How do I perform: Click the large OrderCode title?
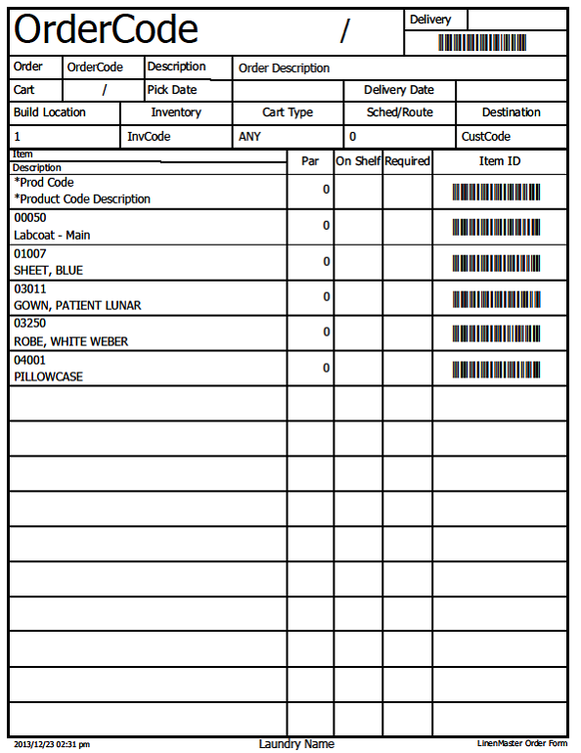(x=106, y=31)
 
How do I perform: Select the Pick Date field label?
(x=172, y=90)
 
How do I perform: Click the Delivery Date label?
(x=398, y=90)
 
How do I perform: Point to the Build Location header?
(x=50, y=112)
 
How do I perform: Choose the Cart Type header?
(x=288, y=112)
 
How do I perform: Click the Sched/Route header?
(x=399, y=112)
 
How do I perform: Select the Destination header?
(x=511, y=112)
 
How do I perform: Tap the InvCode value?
(x=149, y=137)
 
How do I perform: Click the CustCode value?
(x=486, y=137)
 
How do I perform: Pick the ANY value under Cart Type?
(x=249, y=137)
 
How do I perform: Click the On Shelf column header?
(x=358, y=161)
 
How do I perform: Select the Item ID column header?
(x=500, y=161)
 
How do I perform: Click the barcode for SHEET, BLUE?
(x=496, y=263)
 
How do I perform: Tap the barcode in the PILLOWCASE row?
(x=496, y=370)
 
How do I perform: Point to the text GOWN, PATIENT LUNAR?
(x=77, y=306)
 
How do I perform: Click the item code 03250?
(x=30, y=324)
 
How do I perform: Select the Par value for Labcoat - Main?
(x=327, y=226)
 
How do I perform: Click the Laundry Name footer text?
(x=296, y=744)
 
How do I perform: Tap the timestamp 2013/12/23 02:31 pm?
(x=52, y=745)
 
